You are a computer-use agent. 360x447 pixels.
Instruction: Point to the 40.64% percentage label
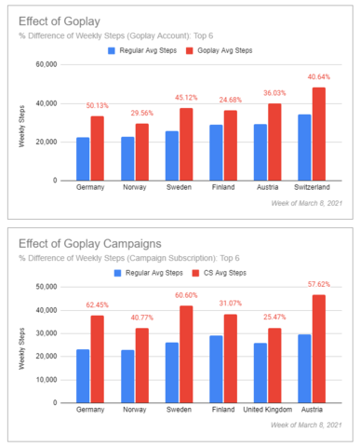click(317, 77)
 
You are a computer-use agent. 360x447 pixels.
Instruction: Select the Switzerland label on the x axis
click(311, 188)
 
